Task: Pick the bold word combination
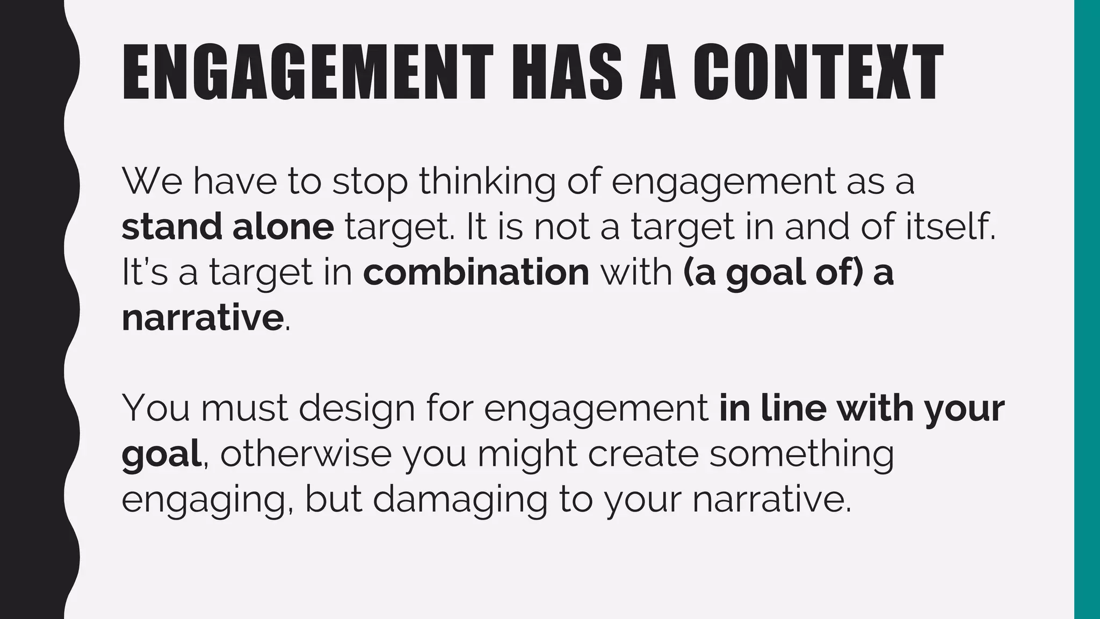point(476,272)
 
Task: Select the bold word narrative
point(202,318)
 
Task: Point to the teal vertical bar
point(1087,309)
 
